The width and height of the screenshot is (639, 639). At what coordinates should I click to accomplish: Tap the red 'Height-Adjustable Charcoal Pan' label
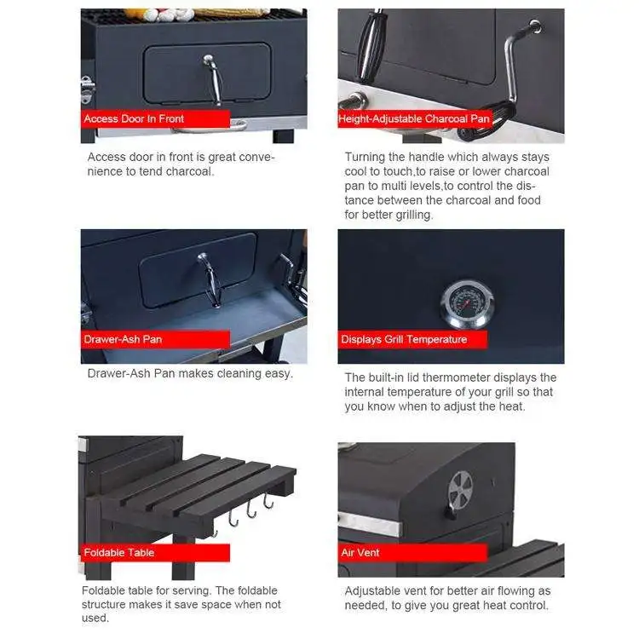[414, 118]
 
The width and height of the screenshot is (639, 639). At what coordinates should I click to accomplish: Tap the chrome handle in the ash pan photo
[210, 278]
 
